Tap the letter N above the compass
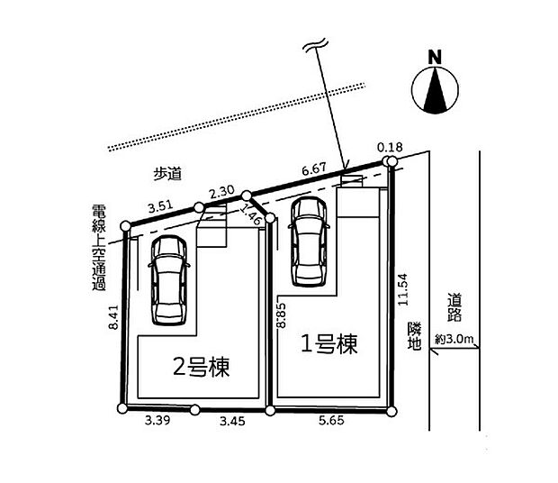pos(435,56)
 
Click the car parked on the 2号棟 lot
pos(169,280)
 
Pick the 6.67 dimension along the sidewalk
pos(313,169)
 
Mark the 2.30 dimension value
pos(221,191)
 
